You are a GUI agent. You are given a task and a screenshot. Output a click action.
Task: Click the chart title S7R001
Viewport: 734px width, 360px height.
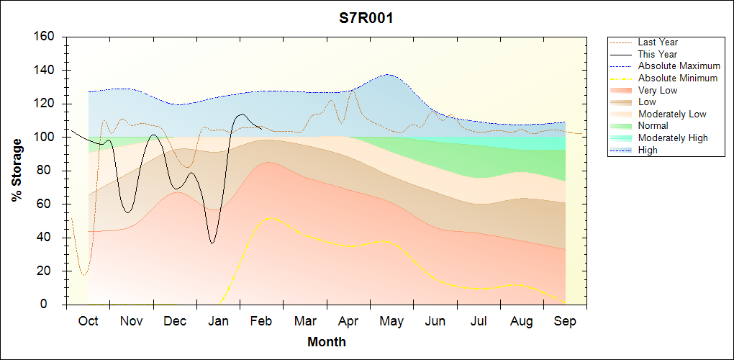click(366, 19)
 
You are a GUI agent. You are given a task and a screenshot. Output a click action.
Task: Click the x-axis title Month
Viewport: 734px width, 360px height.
click(326, 342)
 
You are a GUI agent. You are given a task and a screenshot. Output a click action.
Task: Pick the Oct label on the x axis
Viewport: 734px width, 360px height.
click(88, 321)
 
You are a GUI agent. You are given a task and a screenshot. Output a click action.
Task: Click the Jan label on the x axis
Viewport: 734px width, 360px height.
click(218, 321)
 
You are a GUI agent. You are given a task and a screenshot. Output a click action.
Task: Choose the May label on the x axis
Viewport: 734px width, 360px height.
click(391, 321)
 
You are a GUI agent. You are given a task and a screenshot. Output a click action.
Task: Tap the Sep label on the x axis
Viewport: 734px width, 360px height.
click(565, 321)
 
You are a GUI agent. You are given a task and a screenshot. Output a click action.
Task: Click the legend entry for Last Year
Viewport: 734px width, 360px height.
click(658, 42)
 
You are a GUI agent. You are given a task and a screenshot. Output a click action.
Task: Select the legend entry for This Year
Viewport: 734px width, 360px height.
click(658, 54)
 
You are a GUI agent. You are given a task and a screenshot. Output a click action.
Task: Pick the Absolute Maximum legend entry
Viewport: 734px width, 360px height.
click(679, 66)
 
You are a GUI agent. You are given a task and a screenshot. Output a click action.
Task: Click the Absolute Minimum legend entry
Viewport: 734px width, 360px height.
click(678, 78)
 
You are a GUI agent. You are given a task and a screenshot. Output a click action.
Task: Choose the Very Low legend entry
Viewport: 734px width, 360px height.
click(658, 90)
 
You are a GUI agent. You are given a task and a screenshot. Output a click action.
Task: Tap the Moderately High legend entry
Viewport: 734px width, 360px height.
click(673, 138)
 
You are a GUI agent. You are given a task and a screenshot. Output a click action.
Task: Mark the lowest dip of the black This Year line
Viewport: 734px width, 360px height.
click(212, 243)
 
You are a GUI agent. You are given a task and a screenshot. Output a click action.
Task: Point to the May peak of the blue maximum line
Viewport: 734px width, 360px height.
click(389, 74)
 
